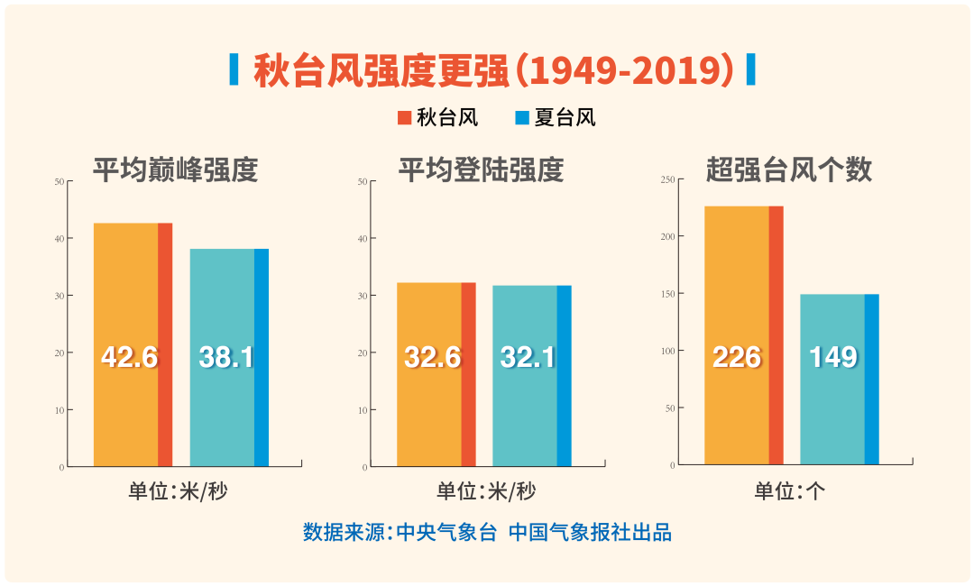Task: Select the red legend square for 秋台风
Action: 404,117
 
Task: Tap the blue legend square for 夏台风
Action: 522,117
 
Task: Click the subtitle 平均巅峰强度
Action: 176,169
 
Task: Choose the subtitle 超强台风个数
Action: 789,169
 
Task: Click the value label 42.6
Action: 129,357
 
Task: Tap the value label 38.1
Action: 225,357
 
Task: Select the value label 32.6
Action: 432,357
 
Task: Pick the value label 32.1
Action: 528,357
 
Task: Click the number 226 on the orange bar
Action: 737,357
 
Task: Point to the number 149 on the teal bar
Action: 832,357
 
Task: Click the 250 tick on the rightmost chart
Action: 667,179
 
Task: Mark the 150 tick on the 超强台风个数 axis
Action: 667,294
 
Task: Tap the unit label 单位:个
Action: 790,491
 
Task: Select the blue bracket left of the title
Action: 234,69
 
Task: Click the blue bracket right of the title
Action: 750,69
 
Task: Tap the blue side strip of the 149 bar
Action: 872,379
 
